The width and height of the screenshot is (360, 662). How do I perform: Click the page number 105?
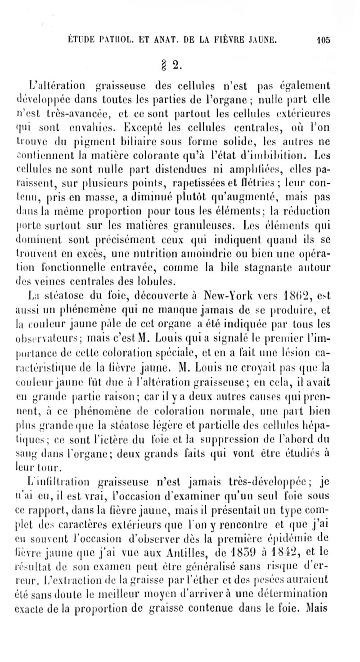pos(323,39)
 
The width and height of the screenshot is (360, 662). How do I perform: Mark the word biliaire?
pos(165,145)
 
